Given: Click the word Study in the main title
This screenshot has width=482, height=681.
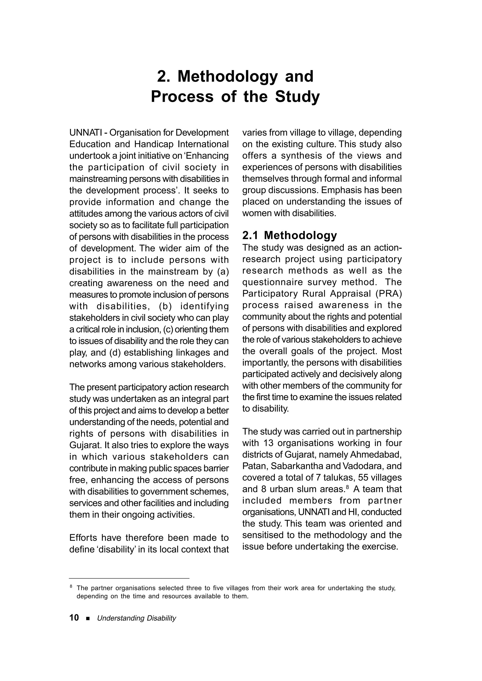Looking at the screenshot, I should (297, 97).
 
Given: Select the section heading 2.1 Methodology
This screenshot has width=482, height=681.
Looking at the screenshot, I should (289, 235).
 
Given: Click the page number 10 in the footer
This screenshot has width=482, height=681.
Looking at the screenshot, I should (74, 617).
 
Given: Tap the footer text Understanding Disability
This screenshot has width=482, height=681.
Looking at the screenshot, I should (137, 618).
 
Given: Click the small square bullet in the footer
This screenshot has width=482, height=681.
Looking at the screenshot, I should (88, 618).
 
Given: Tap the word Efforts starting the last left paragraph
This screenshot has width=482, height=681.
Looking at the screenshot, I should (83, 538).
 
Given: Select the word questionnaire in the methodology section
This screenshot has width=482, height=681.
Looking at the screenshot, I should (273, 282).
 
